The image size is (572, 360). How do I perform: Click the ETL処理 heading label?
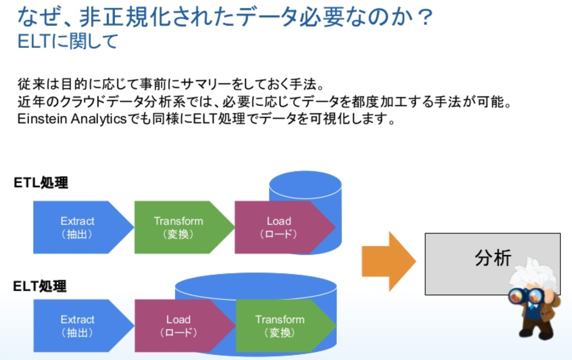pos(41,183)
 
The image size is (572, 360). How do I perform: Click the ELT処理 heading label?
pos(40,286)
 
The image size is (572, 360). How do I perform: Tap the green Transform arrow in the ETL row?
pos(179,227)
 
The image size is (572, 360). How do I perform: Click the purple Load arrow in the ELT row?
pos(179,326)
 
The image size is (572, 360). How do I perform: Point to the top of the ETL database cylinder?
pos(305,185)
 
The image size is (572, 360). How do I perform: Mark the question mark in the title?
pos(426,18)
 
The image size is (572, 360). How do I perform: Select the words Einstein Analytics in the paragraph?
pos(72,119)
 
